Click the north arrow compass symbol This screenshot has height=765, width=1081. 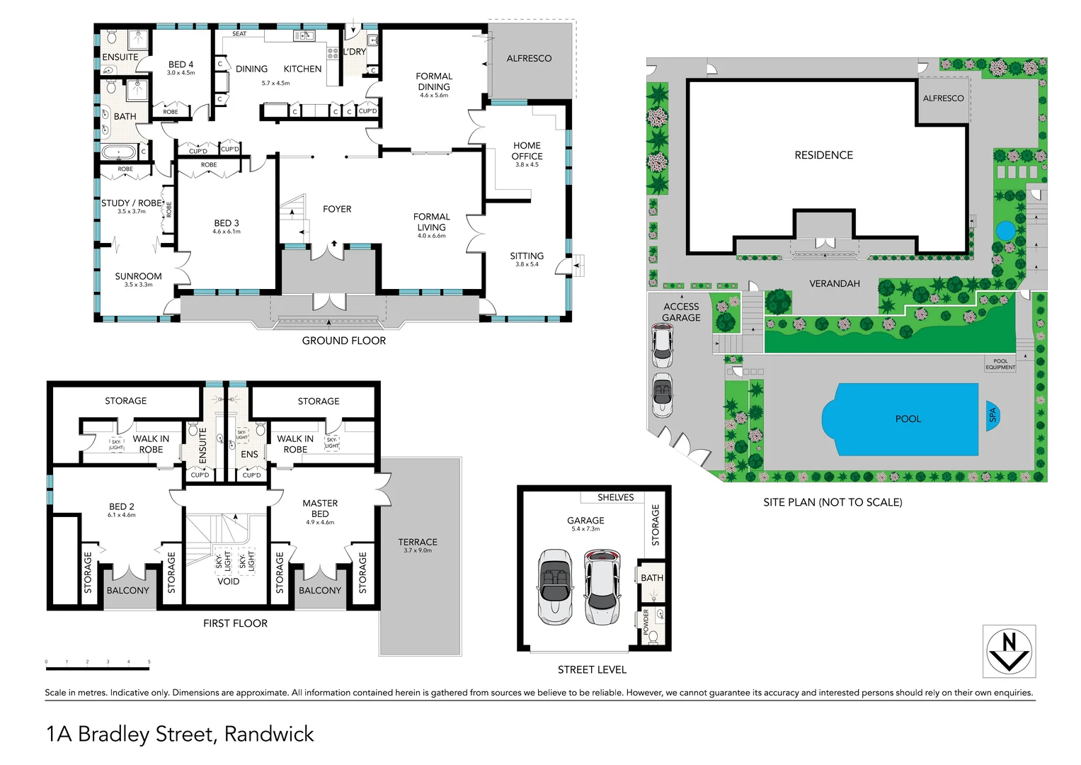(x=1009, y=652)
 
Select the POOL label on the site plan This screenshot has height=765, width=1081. (x=908, y=419)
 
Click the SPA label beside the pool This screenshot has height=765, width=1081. (x=993, y=415)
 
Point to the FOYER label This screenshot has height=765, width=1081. (x=337, y=210)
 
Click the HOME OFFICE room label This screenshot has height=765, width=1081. (x=527, y=151)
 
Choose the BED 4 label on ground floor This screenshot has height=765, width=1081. (x=181, y=64)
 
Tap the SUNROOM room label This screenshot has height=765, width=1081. (x=138, y=276)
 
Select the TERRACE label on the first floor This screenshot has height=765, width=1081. (x=418, y=542)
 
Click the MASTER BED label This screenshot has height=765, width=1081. (x=320, y=509)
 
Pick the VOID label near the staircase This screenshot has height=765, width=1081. (x=228, y=582)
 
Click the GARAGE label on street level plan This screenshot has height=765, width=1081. (x=585, y=521)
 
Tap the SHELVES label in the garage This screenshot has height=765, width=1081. (x=615, y=497)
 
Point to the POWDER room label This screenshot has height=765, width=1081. (x=646, y=622)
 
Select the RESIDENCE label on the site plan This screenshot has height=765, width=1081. (x=823, y=155)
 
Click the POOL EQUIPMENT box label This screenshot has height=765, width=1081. (x=1000, y=364)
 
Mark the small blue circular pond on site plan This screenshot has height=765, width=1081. (x=1005, y=231)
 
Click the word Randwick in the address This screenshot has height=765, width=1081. (x=269, y=735)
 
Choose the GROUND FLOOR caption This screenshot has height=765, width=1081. (x=344, y=341)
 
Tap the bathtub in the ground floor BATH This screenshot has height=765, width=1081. (x=118, y=152)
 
